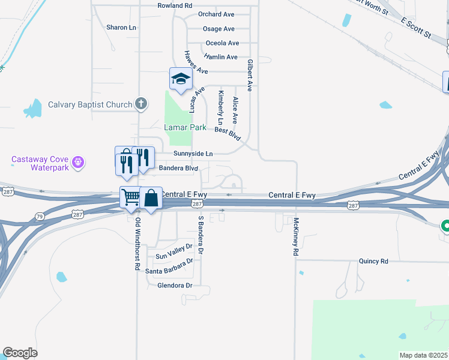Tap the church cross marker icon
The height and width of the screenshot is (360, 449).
[141, 104]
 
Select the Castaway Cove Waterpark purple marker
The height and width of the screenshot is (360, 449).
[77, 162]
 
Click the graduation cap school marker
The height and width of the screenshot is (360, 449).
[181, 79]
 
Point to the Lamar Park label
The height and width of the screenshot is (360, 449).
[185, 128]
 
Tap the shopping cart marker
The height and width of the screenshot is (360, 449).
[130, 197]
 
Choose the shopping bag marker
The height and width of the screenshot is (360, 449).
[151, 197]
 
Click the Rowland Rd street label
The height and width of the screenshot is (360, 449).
[175, 5]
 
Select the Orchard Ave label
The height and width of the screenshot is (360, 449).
[216, 14]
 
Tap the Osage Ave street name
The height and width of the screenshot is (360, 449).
[218, 29]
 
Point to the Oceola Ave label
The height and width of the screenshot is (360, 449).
[222, 43]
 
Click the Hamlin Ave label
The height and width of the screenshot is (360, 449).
[221, 57]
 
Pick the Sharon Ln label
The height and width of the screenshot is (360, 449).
[121, 28]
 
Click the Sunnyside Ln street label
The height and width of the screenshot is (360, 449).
[193, 154]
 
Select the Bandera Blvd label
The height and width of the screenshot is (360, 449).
[178, 169]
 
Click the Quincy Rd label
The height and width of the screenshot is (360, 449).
[373, 262]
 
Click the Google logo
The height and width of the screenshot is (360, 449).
[20, 353]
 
